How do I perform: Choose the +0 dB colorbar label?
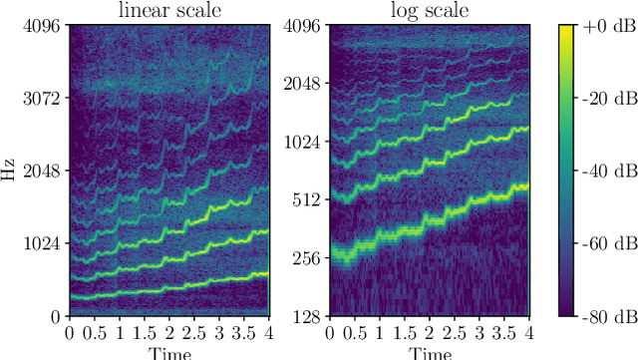603,27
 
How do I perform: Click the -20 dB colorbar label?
603,99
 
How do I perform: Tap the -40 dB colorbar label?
603,172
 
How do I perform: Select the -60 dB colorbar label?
603,243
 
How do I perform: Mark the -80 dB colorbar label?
603,316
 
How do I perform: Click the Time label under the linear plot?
168,352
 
